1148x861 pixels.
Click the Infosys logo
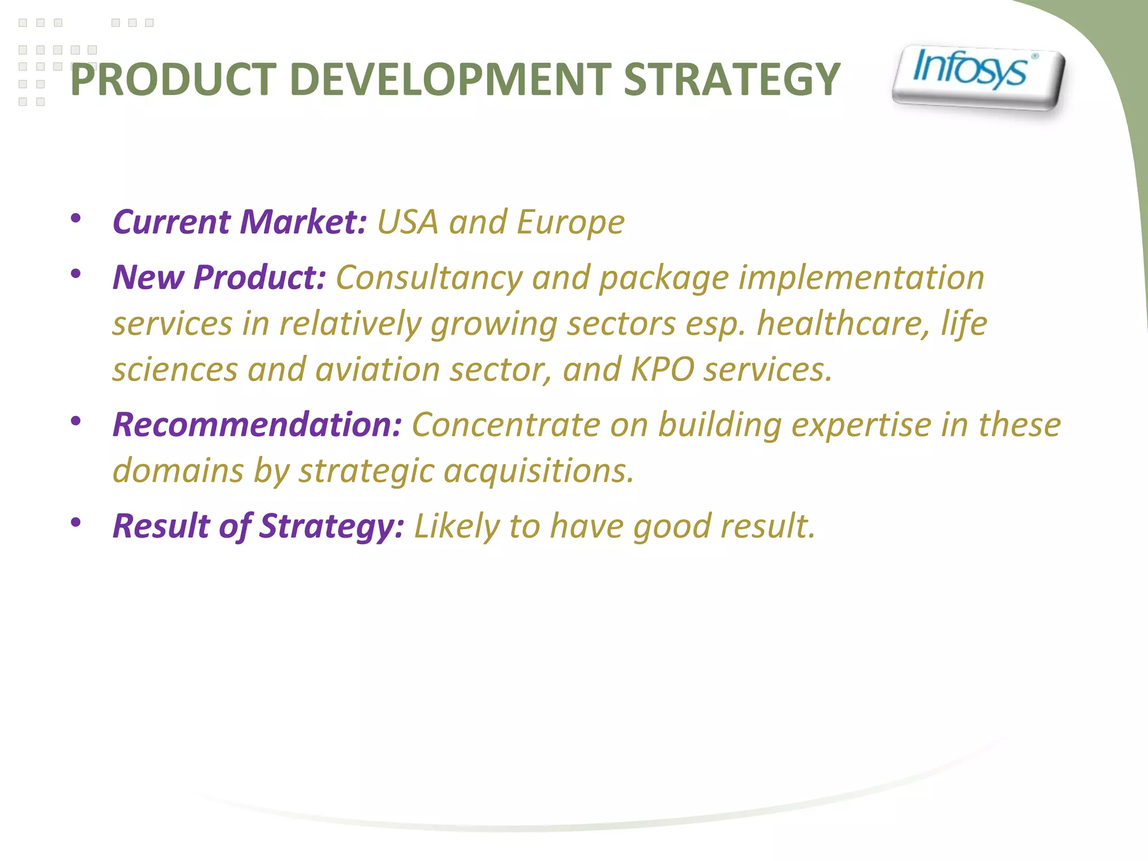(978, 77)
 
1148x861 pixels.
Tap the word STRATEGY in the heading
(731, 80)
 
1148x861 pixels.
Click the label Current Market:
(240, 222)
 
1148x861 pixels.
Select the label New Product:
(219, 277)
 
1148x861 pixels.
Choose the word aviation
(377, 370)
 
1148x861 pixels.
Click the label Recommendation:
(257, 424)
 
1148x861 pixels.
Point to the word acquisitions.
(539, 471)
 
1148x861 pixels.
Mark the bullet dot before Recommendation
(76, 420)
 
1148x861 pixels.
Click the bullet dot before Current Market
(76, 218)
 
